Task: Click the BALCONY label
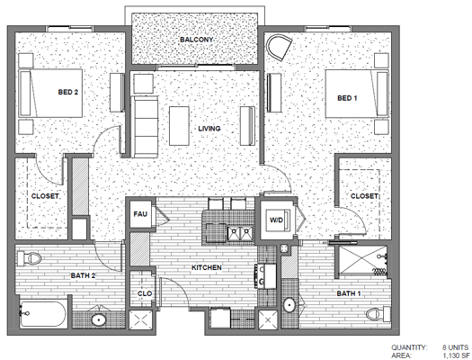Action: tap(195, 40)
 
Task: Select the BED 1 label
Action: tap(348, 97)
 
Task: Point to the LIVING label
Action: tap(209, 128)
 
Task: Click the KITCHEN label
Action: tap(207, 267)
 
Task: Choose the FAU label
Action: tap(140, 214)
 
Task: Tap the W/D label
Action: tap(275, 219)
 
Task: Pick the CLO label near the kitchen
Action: tap(143, 293)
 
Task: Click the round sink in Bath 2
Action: tap(98, 319)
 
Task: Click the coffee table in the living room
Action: tap(181, 120)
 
